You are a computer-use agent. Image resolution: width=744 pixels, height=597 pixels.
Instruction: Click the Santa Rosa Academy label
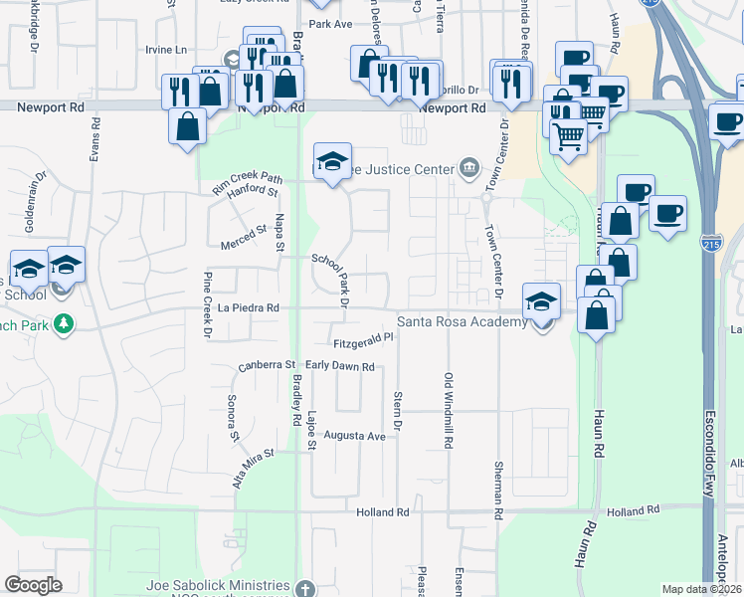[x=462, y=321]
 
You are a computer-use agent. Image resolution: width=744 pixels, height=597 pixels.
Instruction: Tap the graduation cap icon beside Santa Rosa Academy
[x=541, y=301]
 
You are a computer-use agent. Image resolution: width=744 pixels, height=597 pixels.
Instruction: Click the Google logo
[x=33, y=585]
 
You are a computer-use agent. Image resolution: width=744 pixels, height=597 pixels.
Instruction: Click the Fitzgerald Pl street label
[x=364, y=341]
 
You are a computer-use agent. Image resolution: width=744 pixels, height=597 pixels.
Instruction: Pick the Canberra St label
[x=267, y=367]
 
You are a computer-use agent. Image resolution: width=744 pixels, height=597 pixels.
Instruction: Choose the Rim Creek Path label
[x=247, y=179]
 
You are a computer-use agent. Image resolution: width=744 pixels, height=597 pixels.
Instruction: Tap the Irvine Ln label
[x=166, y=50]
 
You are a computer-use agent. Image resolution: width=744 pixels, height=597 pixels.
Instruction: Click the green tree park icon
[x=64, y=324]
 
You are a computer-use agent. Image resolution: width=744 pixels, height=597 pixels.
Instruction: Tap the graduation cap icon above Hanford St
[x=332, y=161]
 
